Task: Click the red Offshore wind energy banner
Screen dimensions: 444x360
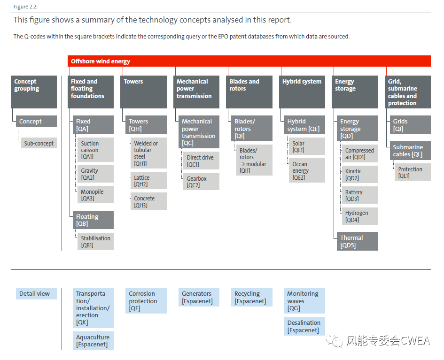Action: click(x=249, y=61)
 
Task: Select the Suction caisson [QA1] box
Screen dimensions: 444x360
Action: click(x=96, y=150)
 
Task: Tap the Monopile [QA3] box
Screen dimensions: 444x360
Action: click(x=96, y=195)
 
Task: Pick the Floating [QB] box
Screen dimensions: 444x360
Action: click(x=93, y=220)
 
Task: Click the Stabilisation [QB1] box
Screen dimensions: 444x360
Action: click(x=96, y=241)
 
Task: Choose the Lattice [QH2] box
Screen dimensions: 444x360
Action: click(x=148, y=180)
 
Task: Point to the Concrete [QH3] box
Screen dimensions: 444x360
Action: click(x=148, y=201)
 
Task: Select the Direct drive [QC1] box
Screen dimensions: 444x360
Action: click(x=202, y=161)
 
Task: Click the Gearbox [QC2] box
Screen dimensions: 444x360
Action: click(x=202, y=181)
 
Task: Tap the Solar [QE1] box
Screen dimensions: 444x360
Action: click(x=307, y=146)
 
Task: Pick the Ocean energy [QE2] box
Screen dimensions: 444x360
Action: click(x=307, y=170)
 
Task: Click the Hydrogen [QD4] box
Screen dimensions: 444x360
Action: click(x=360, y=216)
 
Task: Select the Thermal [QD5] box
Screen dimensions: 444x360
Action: click(x=358, y=241)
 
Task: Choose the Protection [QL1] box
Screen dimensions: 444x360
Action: click(x=413, y=172)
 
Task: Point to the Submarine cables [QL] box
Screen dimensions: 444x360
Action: click(x=410, y=151)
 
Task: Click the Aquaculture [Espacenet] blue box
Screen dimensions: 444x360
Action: click(x=93, y=341)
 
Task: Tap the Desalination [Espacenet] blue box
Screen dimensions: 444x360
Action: click(x=304, y=326)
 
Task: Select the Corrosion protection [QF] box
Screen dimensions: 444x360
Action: click(x=146, y=300)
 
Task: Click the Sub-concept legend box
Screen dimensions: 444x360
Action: click(x=39, y=143)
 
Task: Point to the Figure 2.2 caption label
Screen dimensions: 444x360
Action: click(x=25, y=7)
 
